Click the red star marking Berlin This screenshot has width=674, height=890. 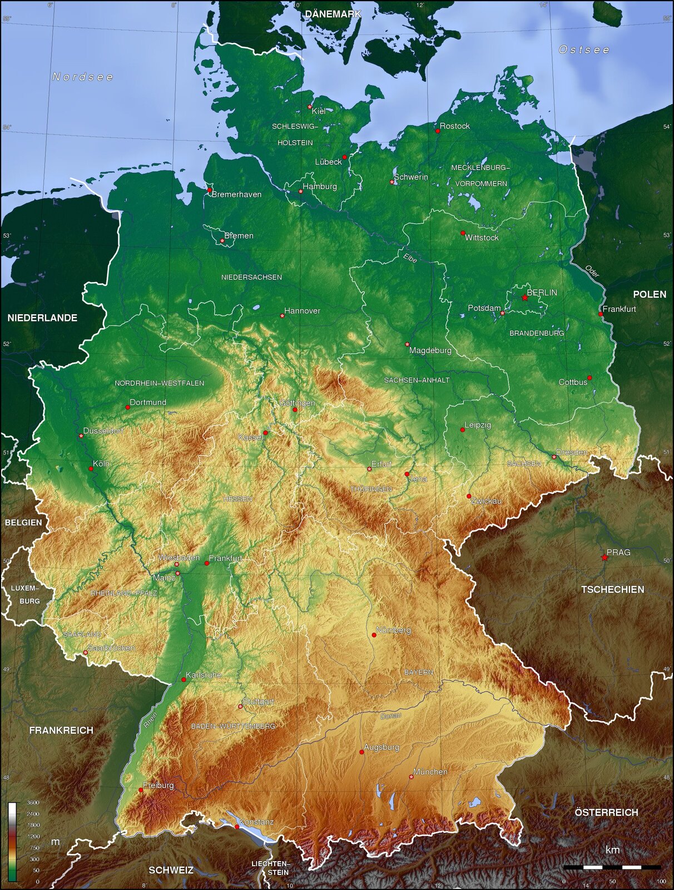pos(524,298)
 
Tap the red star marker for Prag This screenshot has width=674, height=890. pos(604,557)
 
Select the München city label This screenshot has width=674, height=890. pos(430,772)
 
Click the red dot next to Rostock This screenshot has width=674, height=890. pos(438,131)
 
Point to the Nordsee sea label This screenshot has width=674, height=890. pos(83,77)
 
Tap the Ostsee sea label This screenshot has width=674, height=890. pos(584,50)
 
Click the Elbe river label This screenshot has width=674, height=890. pos(410,258)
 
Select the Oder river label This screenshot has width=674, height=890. pos(592,271)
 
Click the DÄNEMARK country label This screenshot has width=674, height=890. pos(333,14)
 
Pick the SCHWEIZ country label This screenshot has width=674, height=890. pos(171,870)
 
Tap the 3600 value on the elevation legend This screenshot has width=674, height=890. pos(33,803)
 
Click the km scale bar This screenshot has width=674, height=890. pos(612,867)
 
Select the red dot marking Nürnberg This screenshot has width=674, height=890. pos(374,635)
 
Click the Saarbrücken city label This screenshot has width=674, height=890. pos(111,648)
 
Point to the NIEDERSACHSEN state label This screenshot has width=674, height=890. pos(251,277)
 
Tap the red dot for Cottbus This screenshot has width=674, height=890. pos(589,378)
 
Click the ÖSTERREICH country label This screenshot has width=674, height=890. pos(606,813)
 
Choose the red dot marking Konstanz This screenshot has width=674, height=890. pos(237,827)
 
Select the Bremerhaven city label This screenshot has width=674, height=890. pos(236,195)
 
